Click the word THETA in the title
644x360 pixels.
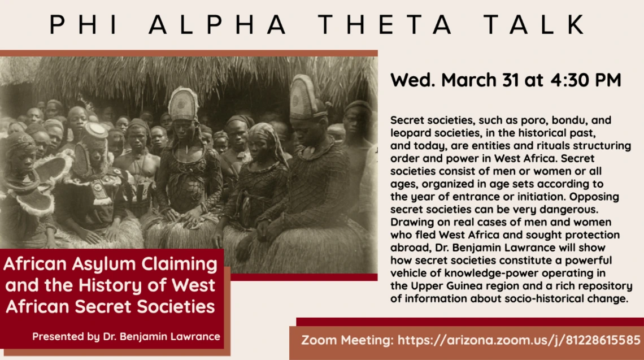pos(386,24)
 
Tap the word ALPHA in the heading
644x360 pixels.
pos(217,24)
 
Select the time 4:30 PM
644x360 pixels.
pos(586,80)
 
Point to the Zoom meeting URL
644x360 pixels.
pos(519,340)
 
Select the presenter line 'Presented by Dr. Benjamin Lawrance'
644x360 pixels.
pos(126,337)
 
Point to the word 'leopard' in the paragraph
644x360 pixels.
pos(409,133)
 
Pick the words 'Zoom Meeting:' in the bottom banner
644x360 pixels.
pos(347,340)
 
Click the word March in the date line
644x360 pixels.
pos(469,80)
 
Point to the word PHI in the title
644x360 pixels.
pos(84,24)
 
